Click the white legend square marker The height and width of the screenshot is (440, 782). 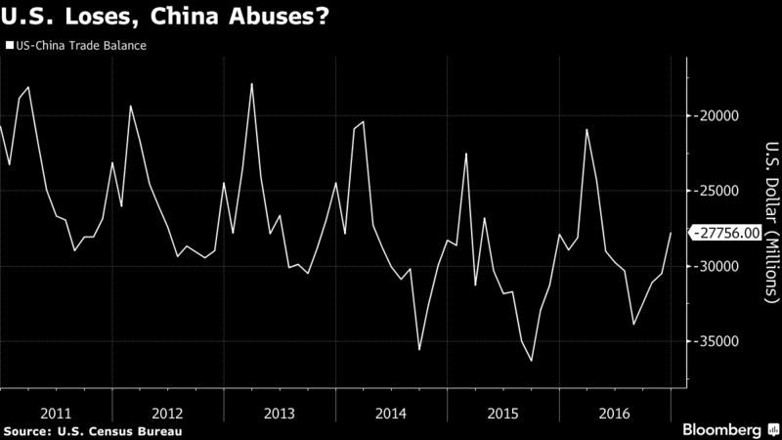9,44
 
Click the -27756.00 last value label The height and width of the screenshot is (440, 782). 725,233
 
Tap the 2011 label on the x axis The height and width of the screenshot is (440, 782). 56,412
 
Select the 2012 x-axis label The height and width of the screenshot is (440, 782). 167,412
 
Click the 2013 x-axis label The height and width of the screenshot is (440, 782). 280,412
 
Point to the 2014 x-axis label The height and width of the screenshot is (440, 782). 391,412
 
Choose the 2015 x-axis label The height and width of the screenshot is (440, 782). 502,412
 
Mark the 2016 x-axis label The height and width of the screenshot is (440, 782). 614,412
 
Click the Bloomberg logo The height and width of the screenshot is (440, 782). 722,429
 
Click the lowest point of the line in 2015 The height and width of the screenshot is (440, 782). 532,361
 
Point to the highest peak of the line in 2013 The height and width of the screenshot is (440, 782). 251,84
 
